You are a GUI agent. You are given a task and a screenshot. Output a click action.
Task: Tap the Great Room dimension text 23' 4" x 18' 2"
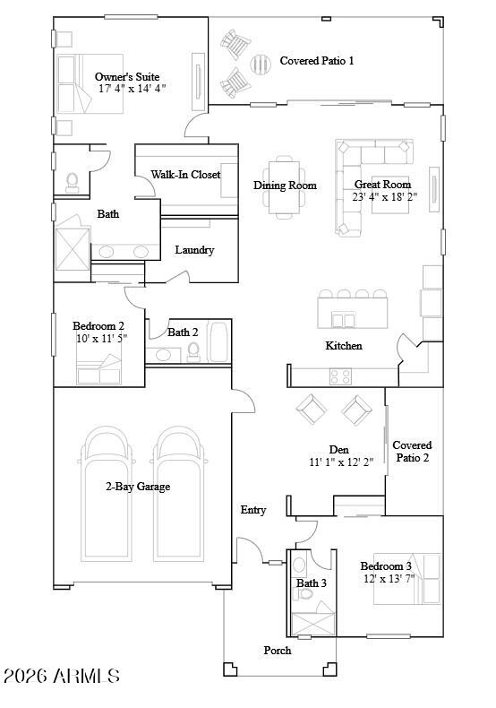(384, 197)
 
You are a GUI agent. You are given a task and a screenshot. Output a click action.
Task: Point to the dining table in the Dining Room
(285, 186)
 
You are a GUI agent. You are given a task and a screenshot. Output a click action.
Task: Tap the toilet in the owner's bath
(73, 183)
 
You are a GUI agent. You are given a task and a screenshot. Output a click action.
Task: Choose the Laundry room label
(194, 250)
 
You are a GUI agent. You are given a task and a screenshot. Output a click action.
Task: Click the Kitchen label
(344, 345)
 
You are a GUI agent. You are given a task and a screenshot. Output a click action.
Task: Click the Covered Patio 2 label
(412, 451)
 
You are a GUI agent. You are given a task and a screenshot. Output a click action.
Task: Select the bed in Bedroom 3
(408, 579)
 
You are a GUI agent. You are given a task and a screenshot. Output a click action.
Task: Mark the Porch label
(277, 650)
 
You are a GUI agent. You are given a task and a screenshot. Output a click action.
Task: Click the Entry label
(253, 510)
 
